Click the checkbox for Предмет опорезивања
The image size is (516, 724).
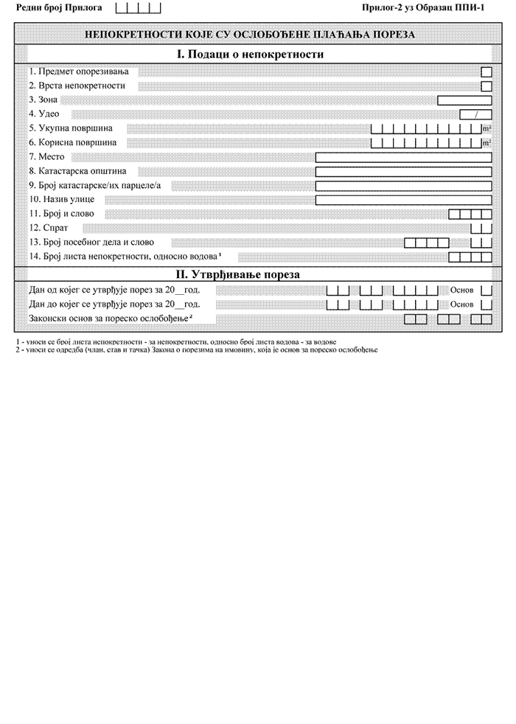(486, 72)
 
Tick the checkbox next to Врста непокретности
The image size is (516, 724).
(486, 86)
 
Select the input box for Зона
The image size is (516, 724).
(464, 100)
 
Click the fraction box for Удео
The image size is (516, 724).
(475, 114)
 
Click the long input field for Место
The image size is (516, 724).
(403, 157)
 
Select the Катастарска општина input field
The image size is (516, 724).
(403, 171)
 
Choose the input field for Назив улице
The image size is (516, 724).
(403, 200)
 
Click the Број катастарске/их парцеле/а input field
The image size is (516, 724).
(403, 185)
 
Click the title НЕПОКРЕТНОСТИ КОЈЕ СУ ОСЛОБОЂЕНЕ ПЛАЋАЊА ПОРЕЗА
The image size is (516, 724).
(250, 34)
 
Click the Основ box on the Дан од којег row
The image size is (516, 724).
(486, 290)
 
